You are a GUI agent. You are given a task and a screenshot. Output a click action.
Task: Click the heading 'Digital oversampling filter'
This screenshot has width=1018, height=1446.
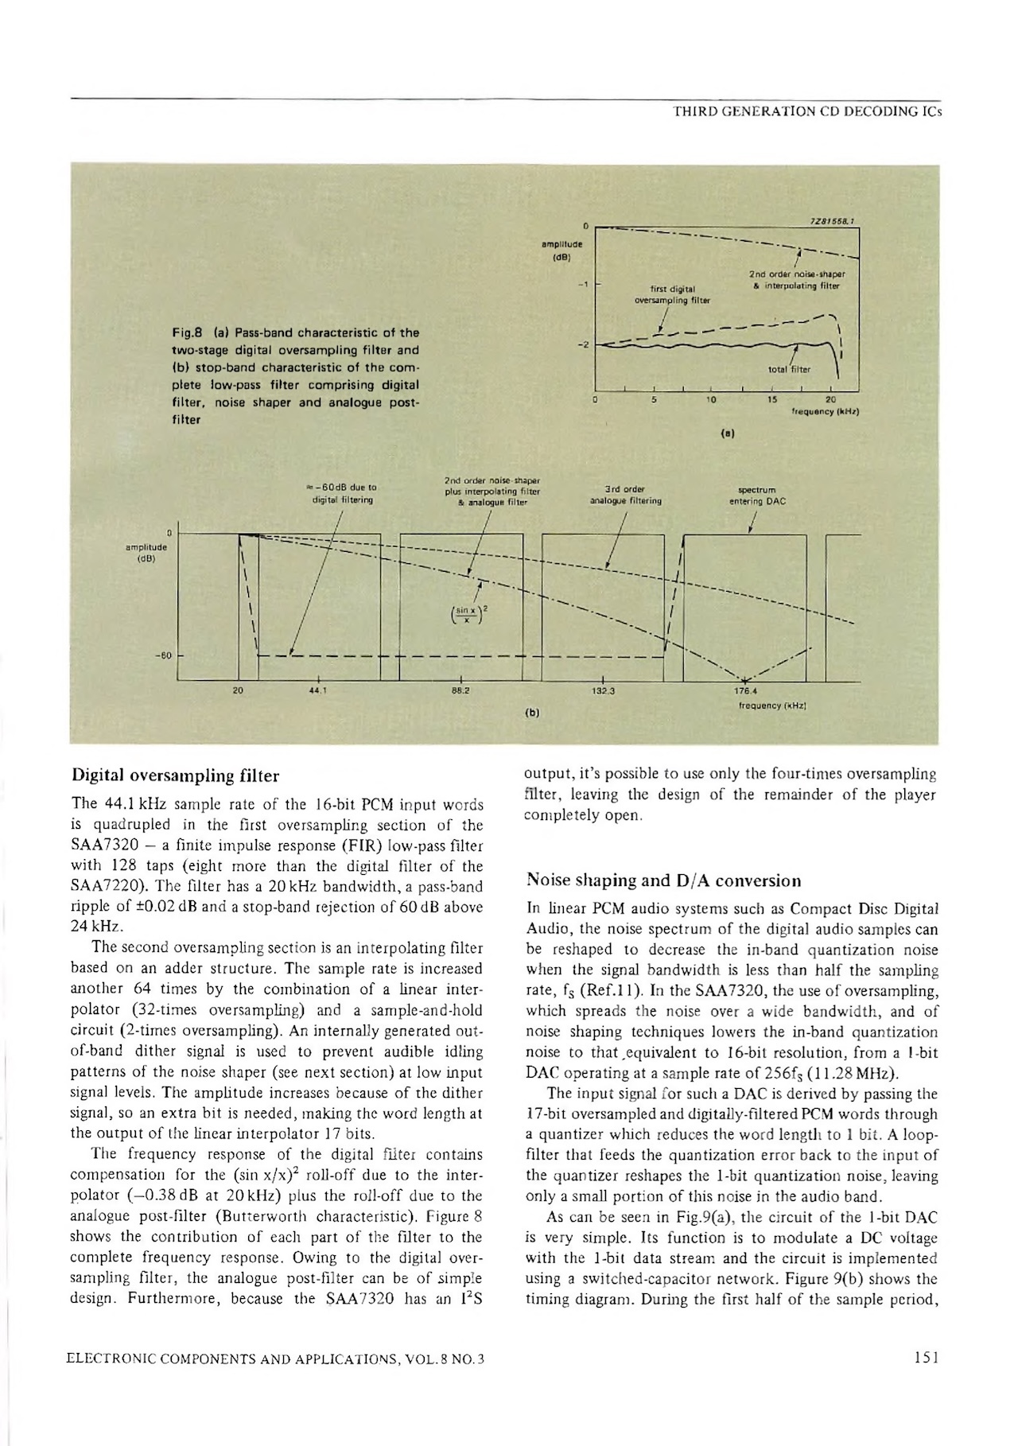(176, 775)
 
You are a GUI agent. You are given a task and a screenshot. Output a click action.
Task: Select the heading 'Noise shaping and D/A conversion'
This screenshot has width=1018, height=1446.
(664, 880)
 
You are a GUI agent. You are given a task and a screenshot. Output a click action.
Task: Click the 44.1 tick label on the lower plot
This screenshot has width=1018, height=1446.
(318, 691)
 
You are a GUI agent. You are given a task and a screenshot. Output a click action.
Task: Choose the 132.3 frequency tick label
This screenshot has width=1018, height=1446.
(604, 691)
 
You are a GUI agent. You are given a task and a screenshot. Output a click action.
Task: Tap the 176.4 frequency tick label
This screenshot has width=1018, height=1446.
(746, 691)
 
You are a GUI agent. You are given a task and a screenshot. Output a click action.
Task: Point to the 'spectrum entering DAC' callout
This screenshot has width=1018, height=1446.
(757, 496)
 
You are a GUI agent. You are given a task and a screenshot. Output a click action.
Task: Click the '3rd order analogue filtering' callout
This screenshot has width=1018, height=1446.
(625, 496)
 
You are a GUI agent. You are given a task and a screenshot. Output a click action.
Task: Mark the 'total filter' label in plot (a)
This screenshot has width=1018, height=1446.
(790, 369)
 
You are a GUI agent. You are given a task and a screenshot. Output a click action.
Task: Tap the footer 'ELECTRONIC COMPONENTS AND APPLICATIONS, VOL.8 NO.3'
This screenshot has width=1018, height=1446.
(278, 1358)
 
